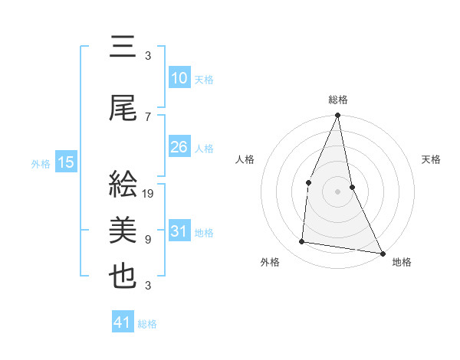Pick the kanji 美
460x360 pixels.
pyautogui.click(x=123, y=231)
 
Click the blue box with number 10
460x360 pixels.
pyautogui.click(x=179, y=78)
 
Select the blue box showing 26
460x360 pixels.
pyautogui.click(x=179, y=147)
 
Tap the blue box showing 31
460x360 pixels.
pyautogui.click(x=179, y=231)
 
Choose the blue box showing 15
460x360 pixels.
pyautogui.click(x=65, y=162)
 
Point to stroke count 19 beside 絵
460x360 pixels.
pyautogui.click(x=149, y=194)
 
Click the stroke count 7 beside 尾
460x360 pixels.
pyautogui.click(x=148, y=117)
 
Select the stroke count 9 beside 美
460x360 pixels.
pyautogui.click(x=148, y=240)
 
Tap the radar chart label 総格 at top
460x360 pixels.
pyautogui.click(x=337, y=100)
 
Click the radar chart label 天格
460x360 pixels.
pyautogui.click(x=432, y=159)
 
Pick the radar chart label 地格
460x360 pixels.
pyautogui.click(x=402, y=262)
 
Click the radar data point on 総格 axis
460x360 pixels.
pyautogui.click(x=337, y=116)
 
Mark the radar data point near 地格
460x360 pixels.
pyautogui.click(x=382, y=252)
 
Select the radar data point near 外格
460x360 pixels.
pyautogui.click(x=302, y=242)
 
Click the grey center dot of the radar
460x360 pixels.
pyautogui.click(x=337, y=191)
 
